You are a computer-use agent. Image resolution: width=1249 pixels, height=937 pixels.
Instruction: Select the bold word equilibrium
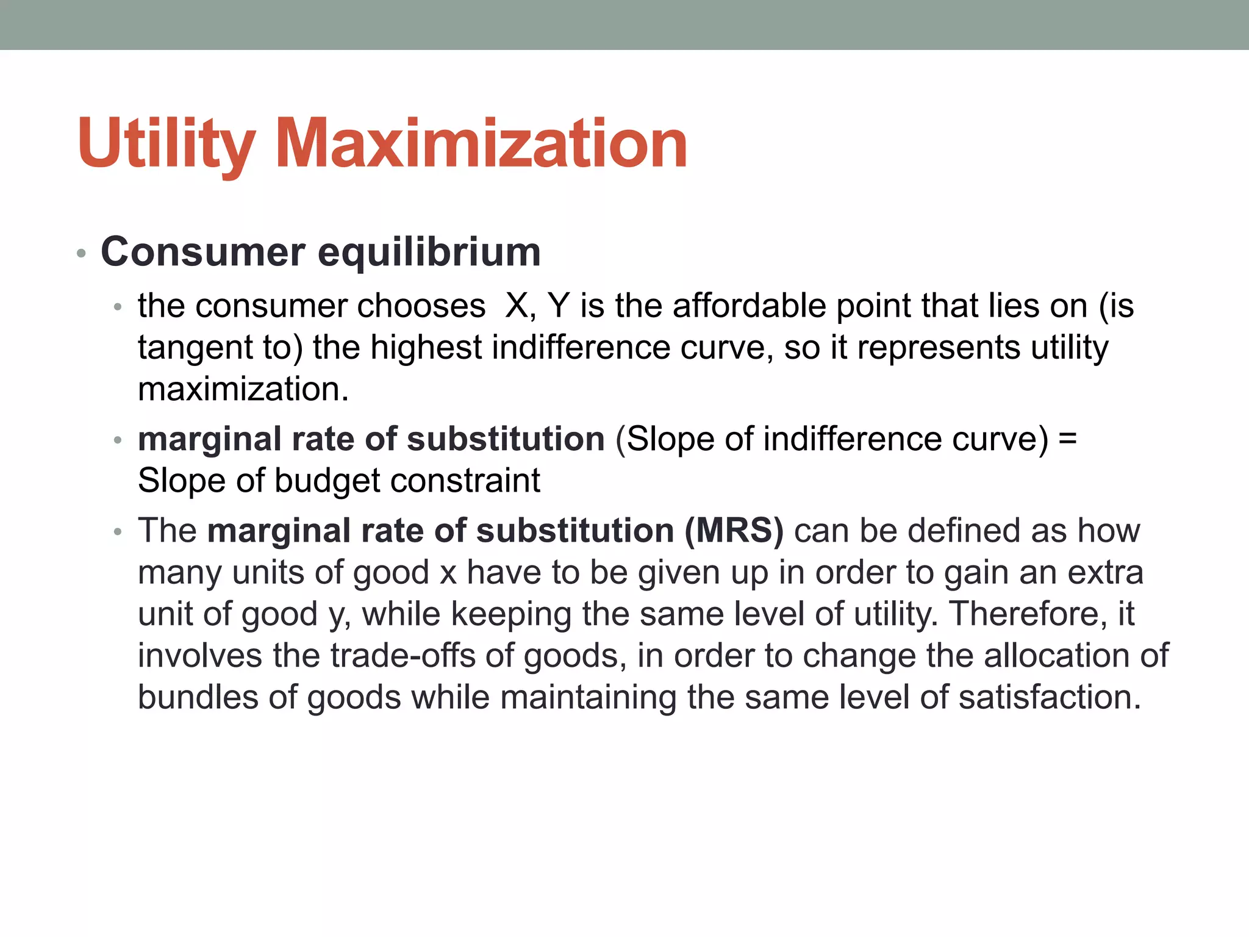coord(429,252)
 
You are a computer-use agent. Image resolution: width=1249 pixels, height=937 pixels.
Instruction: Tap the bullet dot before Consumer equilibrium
coord(82,253)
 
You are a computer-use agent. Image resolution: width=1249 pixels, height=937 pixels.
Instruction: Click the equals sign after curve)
coord(1067,439)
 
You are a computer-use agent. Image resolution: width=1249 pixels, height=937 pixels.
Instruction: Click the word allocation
coord(1056,656)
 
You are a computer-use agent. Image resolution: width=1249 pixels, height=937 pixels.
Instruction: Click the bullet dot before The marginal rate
coord(118,533)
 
